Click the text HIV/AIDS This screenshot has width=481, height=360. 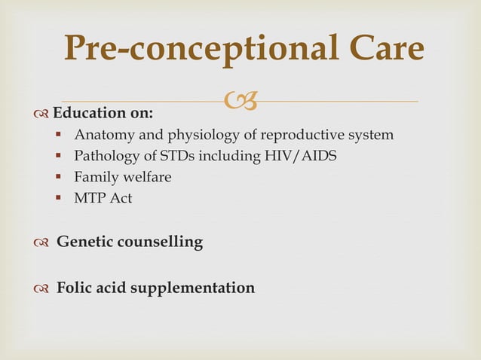coord(305,157)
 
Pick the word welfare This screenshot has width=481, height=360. coord(146,178)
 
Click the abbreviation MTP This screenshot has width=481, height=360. coord(88,199)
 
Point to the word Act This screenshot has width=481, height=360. coord(120,199)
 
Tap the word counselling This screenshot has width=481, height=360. coord(161,243)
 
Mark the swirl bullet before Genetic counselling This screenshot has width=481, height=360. coord(42,243)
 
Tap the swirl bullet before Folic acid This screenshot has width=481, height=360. coord(42,288)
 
